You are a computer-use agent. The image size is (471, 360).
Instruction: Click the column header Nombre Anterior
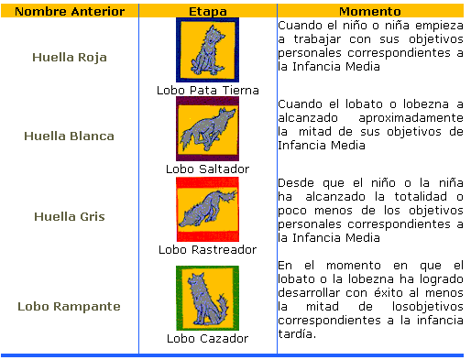tap(69, 9)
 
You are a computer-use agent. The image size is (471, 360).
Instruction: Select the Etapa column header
tap(207, 9)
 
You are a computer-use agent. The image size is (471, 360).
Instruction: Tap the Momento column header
tap(369, 9)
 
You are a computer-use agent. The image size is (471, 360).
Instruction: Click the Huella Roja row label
tap(69, 57)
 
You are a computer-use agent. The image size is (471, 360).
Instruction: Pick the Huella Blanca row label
tap(69, 136)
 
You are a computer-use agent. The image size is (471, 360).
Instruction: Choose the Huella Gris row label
tap(69, 216)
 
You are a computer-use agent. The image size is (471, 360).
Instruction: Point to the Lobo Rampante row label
tap(69, 306)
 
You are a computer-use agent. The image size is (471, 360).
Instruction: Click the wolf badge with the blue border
tap(207, 49)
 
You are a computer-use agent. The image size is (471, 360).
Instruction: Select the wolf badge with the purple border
tap(207, 128)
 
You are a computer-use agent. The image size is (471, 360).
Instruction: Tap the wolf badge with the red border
tap(207, 209)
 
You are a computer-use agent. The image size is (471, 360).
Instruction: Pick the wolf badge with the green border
tap(207, 298)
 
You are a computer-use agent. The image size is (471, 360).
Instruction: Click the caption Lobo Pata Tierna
tap(207, 91)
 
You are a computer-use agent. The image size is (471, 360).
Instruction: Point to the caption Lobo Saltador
tap(207, 169)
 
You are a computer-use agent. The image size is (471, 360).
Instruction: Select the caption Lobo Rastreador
tap(207, 249)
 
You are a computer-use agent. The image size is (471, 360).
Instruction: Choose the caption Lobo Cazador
tap(207, 338)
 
